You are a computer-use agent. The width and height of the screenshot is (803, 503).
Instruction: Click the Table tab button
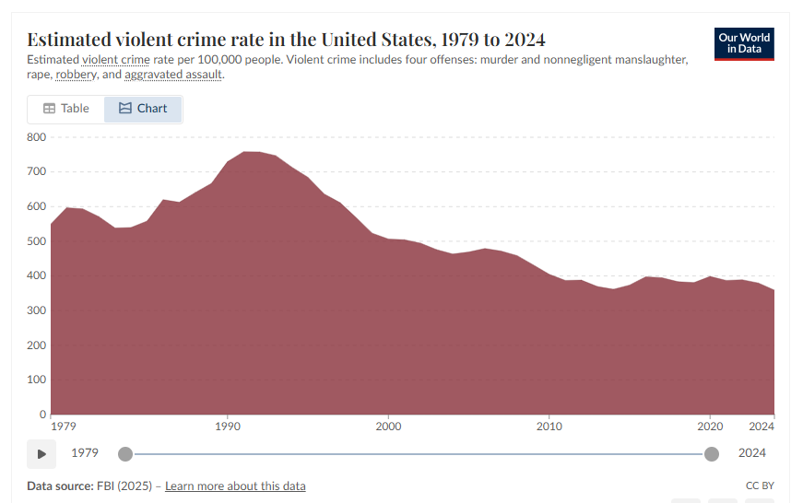pos(65,109)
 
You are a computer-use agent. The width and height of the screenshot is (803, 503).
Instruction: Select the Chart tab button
pos(143,109)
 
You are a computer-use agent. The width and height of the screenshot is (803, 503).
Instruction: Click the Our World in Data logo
pos(744,43)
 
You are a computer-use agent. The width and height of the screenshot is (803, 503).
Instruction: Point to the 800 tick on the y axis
pos(36,137)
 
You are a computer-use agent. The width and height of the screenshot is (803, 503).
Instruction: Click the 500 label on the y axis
pos(36,241)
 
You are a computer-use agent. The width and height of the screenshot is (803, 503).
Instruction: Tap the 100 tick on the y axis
pos(36,380)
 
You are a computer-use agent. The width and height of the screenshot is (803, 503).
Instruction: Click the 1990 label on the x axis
pos(228,427)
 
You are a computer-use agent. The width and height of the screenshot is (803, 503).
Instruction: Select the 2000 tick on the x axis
pos(388,427)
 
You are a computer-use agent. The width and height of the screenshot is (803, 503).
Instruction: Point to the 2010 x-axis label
pos(549,427)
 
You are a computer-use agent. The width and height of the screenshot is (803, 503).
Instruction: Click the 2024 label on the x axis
pos(761,427)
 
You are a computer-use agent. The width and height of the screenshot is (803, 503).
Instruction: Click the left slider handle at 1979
pos(125,453)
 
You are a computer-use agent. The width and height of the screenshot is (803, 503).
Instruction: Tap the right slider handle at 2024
pos(712,453)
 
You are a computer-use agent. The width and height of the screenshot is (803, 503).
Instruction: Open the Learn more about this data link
pos(235,485)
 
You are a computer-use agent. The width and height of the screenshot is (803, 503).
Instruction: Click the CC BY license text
pos(759,485)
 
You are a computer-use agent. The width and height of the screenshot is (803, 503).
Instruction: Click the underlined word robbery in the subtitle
pos(76,74)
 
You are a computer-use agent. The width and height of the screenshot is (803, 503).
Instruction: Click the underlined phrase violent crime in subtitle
pos(115,59)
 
